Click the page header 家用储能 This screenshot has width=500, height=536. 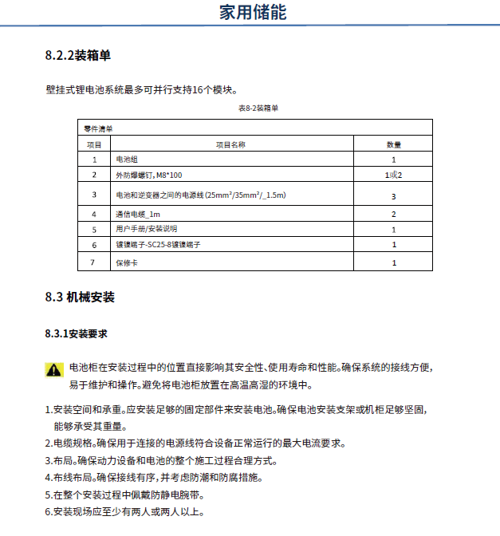click(x=252, y=13)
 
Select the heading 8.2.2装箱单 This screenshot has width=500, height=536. click(x=78, y=57)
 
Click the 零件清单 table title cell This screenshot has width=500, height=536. click(x=99, y=128)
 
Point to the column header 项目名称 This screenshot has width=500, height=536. click(x=230, y=144)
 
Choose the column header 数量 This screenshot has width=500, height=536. click(x=393, y=144)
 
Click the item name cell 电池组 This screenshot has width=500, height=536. click(x=127, y=160)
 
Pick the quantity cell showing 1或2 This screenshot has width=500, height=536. click(x=393, y=175)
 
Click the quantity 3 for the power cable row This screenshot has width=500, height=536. click(x=393, y=195)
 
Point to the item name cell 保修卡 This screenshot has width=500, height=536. click(x=127, y=262)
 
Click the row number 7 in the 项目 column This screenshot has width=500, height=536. click(x=94, y=262)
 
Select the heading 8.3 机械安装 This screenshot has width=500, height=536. click(x=80, y=298)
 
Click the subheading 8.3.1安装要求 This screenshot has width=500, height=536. click(x=77, y=333)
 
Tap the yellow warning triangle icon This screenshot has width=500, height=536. click(x=53, y=369)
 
